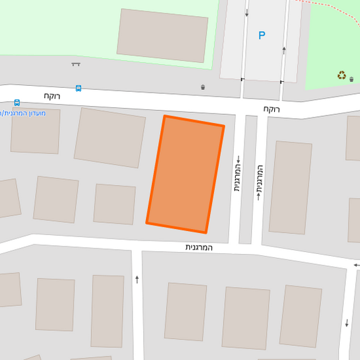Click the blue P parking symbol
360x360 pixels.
tap(261, 36)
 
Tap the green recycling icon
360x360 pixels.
tap(342, 76)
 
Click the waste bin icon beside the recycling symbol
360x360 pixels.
tap(351, 79)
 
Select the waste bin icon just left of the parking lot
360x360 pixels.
tap(203, 87)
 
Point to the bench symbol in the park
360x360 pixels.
tap(76, 64)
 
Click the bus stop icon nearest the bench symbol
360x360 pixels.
tap(78, 88)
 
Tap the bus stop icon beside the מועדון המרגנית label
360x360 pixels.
tap(17, 103)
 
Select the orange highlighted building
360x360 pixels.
tap(185, 174)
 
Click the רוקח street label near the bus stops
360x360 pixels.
tap(52, 96)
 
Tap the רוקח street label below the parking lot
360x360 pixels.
tap(272, 108)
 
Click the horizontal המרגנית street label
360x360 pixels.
tap(199, 247)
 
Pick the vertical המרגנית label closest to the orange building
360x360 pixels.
tap(238, 174)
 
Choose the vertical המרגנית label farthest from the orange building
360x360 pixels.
tap(259, 182)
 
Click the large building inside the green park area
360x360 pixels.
tap(162, 36)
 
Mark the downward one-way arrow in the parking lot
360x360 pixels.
tap(247, 13)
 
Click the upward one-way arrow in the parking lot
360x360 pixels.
tap(284, 50)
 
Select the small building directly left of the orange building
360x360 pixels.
tap(114, 204)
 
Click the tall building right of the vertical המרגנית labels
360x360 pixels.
tap(290, 188)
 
